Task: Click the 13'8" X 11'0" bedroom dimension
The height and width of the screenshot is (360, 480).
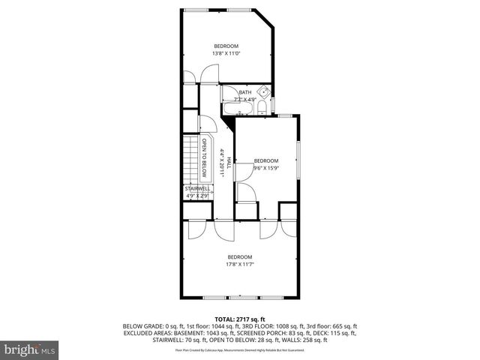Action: click(x=225, y=53)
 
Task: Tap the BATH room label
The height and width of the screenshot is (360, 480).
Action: click(x=245, y=93)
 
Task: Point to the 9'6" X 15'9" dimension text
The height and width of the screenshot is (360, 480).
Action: click(x=266, y=167)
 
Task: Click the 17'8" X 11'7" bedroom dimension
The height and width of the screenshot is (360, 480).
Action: click(x=240, y=264)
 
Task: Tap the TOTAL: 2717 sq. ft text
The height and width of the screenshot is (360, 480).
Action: click(x=240, y=319)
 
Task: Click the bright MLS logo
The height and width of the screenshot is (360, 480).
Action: click(x=29, y=349)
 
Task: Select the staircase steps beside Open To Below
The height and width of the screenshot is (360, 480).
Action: click(x=191, y=157)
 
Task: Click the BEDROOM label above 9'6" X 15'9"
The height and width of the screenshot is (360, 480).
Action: click(x=266, y=160)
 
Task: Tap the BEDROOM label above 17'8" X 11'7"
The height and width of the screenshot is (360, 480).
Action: click(x=240, y=257)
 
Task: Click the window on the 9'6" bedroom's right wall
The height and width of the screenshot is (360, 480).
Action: click(x=298, y=157)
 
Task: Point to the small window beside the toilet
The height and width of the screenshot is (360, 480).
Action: click(x=273, y=103)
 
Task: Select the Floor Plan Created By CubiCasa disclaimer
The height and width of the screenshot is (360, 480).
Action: click(x=240, y=350)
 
